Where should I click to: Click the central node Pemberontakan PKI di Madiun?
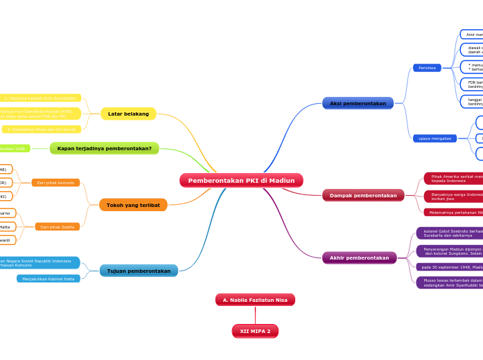241,181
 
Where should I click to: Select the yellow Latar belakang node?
128,114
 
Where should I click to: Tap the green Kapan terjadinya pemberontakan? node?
104,148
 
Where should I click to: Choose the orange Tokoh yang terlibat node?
132,205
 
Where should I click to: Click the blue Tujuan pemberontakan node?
139,271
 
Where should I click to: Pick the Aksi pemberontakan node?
358,103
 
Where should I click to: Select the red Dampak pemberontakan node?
363,195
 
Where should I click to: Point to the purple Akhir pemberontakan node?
359,258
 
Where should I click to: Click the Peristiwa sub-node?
427,68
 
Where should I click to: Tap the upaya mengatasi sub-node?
434,138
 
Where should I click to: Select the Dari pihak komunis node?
55,183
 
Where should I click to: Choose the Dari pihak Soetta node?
57,227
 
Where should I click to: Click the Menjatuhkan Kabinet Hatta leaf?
49,279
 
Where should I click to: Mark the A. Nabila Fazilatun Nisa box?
255,300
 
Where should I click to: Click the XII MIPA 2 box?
255,332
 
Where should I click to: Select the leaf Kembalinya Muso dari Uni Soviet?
42,129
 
